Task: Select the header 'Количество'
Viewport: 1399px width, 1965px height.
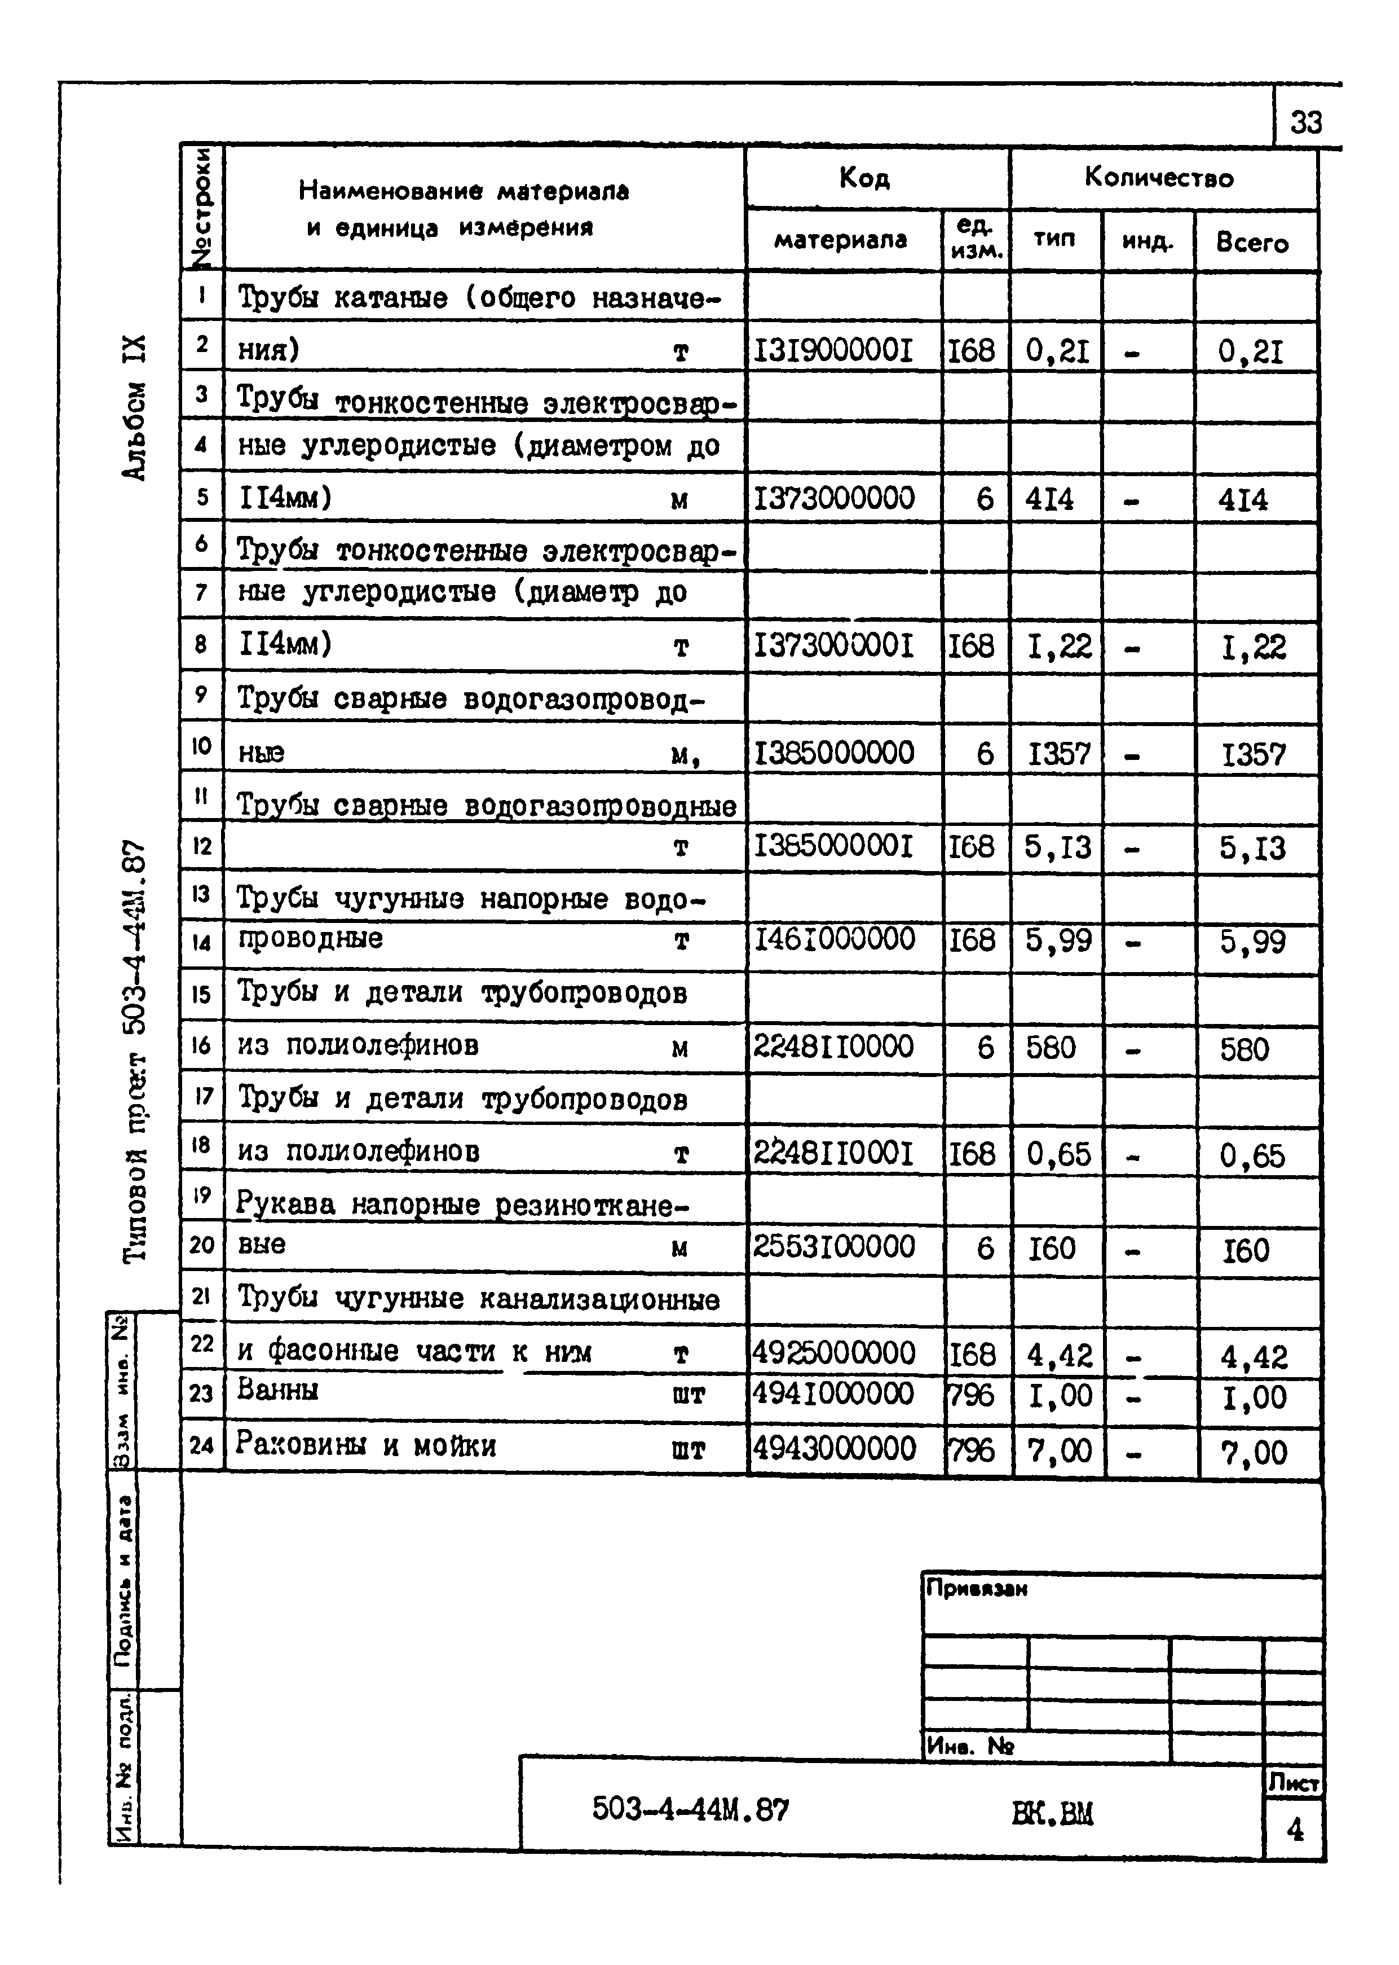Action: click(x=1159, y=178)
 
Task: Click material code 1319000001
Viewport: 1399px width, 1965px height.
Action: click(x=833, y=351)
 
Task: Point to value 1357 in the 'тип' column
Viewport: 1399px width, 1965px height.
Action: click(x=1060, y=755)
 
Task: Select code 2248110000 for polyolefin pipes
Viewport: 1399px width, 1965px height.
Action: click(x=833, y=1047)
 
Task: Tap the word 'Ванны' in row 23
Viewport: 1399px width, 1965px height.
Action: click(x=277, y=1390)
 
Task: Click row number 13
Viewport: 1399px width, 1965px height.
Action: click(x=201, y=895)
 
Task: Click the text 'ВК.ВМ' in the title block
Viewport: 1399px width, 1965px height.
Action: click(x=1053, y=1814)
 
